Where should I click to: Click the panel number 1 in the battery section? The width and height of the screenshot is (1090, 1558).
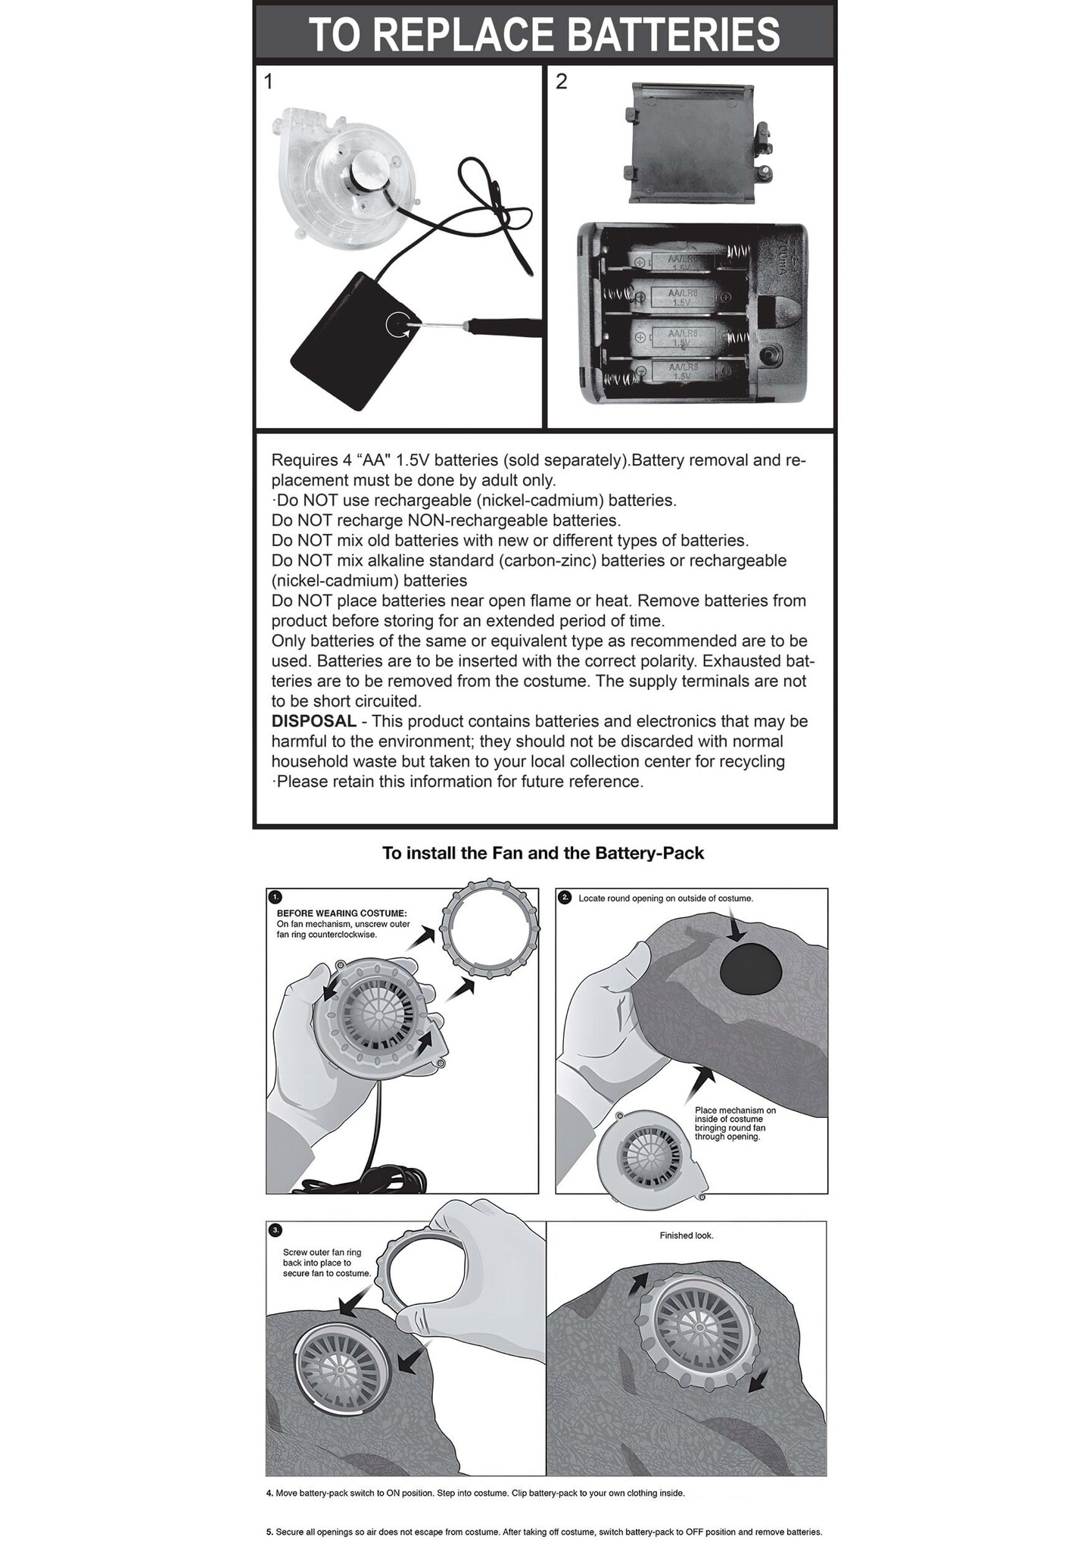(x=268, y=82)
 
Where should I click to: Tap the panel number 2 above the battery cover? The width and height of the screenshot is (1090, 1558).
(x=561, y=82)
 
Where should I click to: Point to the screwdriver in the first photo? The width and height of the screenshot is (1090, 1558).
(x=484, y=324)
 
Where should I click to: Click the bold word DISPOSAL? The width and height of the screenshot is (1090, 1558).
(x=313, y=721)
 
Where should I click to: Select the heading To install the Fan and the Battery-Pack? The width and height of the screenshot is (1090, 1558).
(x=543, y=854)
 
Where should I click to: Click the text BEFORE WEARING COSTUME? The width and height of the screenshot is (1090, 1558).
(x=341, y=913)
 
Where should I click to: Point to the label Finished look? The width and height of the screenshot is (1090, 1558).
(x=686, y=1235)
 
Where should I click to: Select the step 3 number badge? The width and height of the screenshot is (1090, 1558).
(x=276, y=1228)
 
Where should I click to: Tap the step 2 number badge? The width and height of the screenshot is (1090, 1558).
(x=565, y=898)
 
